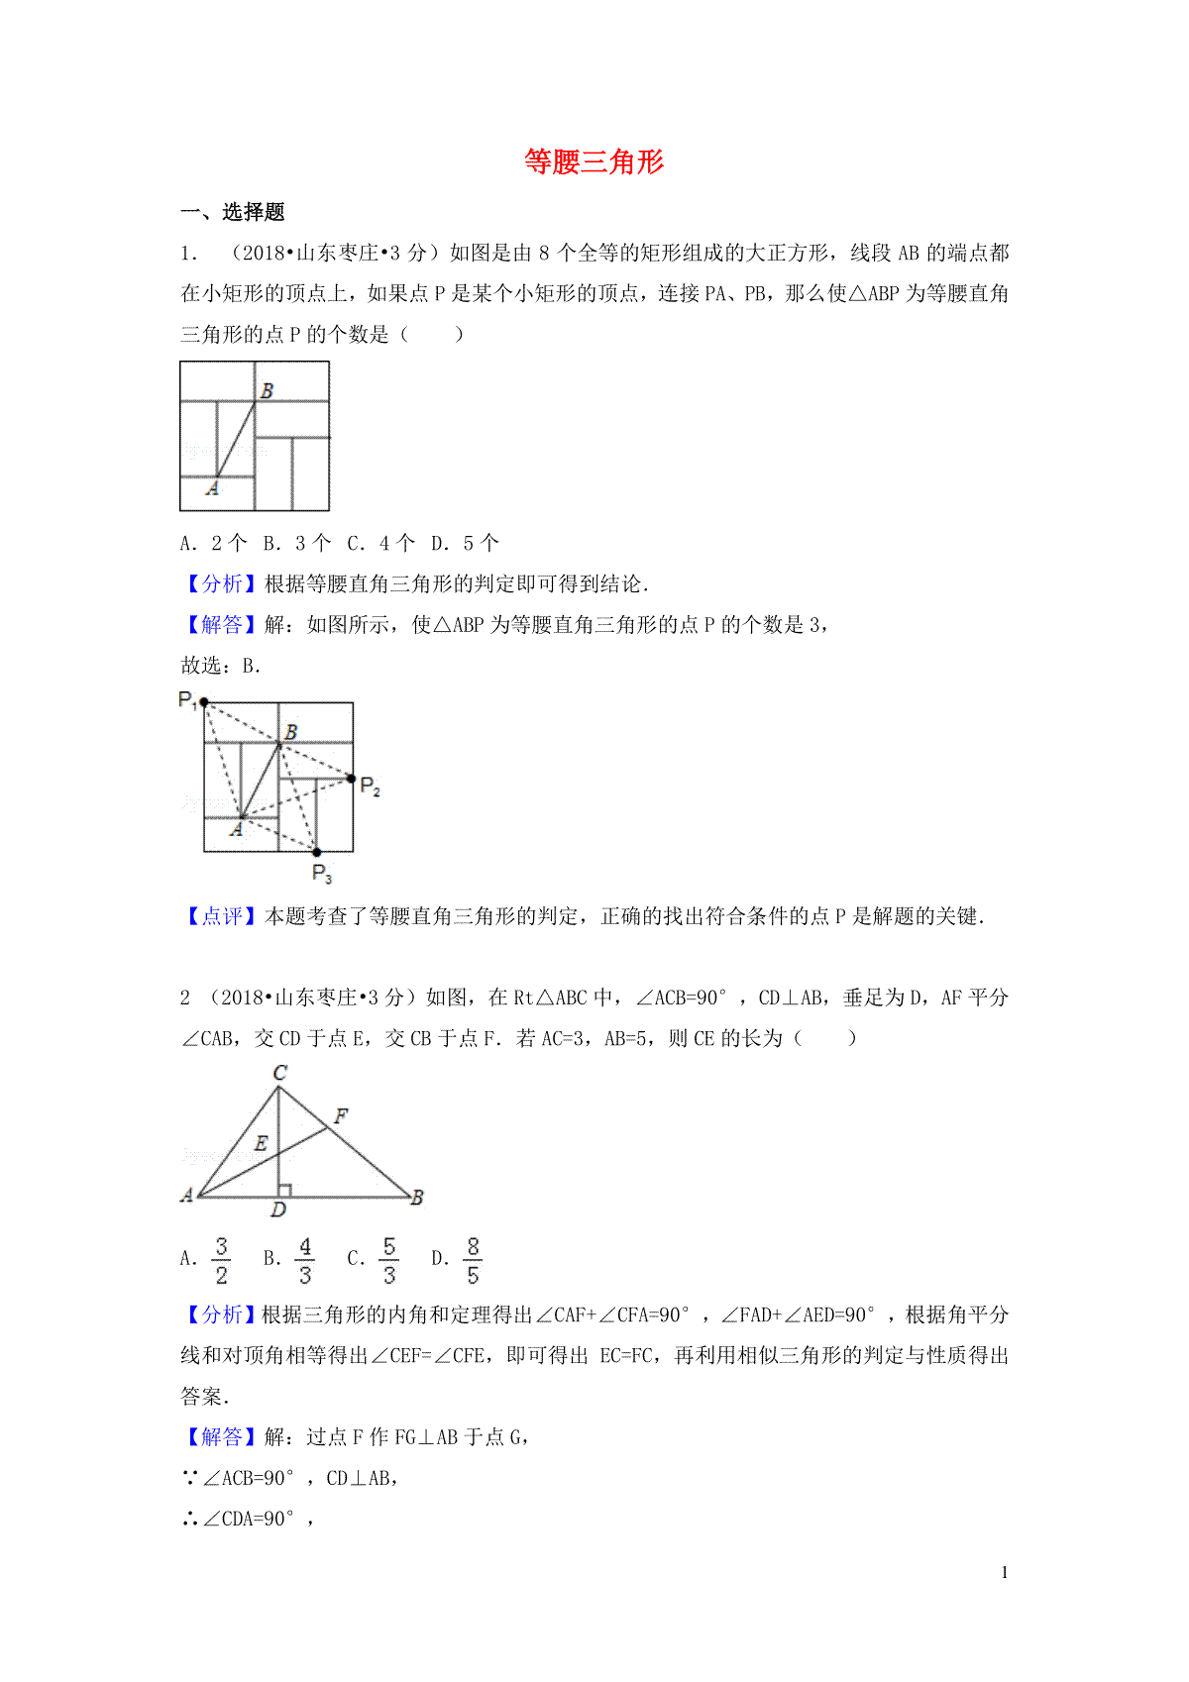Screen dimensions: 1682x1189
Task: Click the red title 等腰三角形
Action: tap(594, 161)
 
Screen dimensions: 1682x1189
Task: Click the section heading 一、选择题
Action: tap(233, 212)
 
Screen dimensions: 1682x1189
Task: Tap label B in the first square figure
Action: tap(267, 391)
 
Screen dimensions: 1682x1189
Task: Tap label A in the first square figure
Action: tap(212, 488)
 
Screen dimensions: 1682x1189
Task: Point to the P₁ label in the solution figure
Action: tap(187, 699)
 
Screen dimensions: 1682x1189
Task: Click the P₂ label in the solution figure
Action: tap(371, 787)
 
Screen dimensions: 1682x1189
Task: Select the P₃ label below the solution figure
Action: tap(322, 873)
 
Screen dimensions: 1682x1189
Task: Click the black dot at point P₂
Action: tap(352, 779)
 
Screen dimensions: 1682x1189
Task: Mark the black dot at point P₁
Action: tap(203, 702)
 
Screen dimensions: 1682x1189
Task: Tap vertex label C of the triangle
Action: tap(280, 1073)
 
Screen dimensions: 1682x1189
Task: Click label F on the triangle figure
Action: tap(341, 1116)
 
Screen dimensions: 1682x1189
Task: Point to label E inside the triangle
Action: tap(261, 1143)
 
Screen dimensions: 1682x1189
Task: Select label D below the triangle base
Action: tap(278, 1209)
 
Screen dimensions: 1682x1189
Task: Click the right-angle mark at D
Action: tap(284, 1190)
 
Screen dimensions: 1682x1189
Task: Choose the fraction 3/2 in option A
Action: tap(221, 1260)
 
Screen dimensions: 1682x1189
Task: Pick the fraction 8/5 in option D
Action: tap(473, 1260)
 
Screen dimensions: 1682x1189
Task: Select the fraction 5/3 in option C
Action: tap(389, 1260)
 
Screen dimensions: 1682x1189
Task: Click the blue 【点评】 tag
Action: tap(221, 916)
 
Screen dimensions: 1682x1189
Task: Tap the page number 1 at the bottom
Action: tap(1005, 1572)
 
